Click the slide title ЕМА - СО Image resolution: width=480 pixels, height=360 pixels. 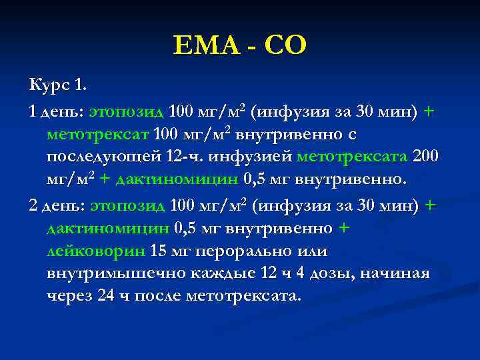click(x=240, y=46)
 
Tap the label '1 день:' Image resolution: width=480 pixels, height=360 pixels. click(x=57, y=111)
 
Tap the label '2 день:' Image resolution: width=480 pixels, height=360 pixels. click(x=57, y=205)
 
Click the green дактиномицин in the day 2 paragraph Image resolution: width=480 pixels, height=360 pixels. click(x=107, y=229)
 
